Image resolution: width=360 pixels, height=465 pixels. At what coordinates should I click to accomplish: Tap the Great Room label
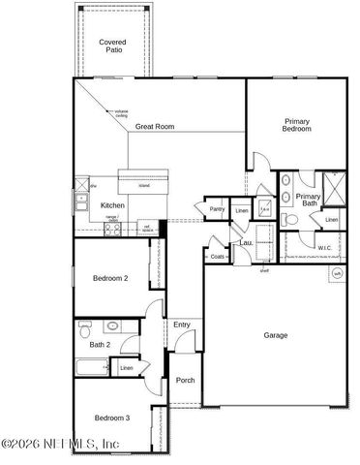point(155,127)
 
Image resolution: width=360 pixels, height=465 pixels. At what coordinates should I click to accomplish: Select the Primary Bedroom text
point(296,125)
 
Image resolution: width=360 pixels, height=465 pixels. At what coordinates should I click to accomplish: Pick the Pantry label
point(217,209)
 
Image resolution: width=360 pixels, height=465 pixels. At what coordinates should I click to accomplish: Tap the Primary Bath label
point(308,200)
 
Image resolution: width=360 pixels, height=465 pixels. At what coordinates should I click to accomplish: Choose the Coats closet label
point(218,257)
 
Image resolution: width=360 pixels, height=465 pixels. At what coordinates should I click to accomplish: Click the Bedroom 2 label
point(110,278)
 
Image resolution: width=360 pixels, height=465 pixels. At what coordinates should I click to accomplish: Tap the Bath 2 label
point(101,345)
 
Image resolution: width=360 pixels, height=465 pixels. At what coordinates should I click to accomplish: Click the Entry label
point(182,325)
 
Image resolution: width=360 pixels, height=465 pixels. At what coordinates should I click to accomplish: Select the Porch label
point(185,381)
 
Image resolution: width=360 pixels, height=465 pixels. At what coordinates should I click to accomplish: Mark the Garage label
point(276,335)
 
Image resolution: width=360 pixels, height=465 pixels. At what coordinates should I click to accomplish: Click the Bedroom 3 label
point(111,418)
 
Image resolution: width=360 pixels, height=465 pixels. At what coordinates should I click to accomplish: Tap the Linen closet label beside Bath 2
point(126,368)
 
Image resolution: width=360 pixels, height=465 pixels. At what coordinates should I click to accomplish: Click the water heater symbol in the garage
point(337,273)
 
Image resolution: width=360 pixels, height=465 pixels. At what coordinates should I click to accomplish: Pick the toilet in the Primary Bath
point(290,219)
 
